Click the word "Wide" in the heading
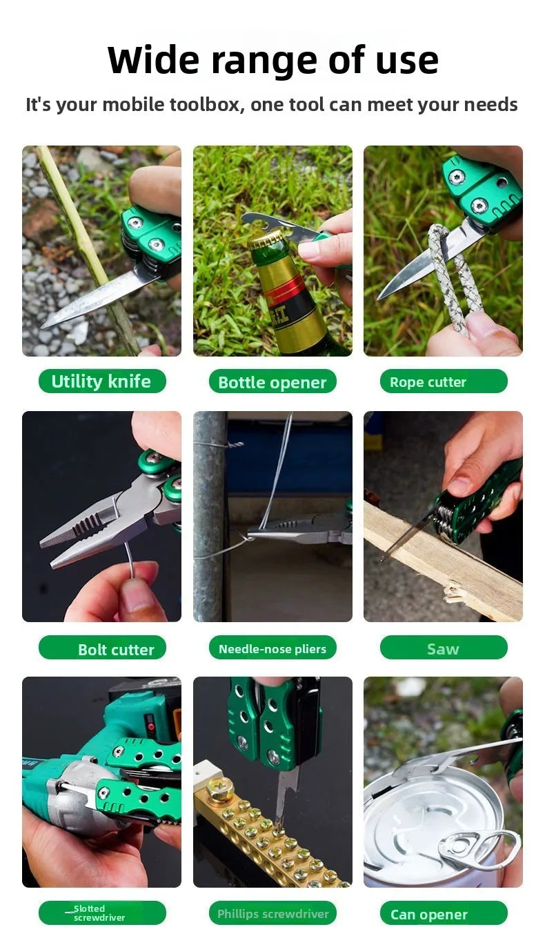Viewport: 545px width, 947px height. point(153,60)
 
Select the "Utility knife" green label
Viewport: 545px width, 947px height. point(102,381)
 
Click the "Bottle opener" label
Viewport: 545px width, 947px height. point(272,381)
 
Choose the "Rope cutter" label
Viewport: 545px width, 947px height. point(444,381)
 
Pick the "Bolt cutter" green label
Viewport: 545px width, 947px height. point(102,647)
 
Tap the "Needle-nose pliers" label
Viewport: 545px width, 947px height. point(272,647)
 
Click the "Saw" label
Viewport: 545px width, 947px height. point(444,647)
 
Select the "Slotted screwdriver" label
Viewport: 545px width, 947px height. point(102,913)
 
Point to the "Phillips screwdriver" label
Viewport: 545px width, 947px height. point(272,913)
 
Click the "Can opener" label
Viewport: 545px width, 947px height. point(444,913)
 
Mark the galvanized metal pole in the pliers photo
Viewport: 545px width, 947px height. point(210,516)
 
